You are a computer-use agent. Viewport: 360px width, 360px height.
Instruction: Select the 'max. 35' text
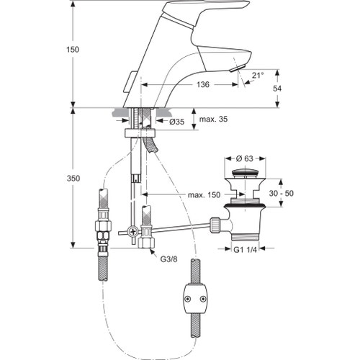214,118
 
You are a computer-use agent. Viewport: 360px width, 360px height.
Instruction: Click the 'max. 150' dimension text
204,195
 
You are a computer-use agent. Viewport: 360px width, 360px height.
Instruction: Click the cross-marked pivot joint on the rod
133,231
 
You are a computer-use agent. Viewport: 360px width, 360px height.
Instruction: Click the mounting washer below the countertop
140,133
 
